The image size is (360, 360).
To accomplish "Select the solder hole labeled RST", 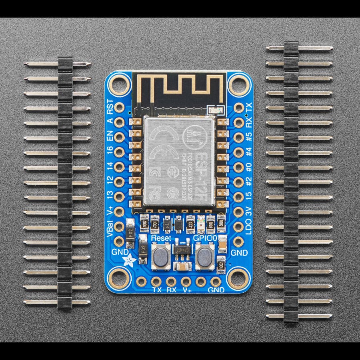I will [119, 107].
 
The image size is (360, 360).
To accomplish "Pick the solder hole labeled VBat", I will [119, 226].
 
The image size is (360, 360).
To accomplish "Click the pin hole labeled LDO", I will [239, 226].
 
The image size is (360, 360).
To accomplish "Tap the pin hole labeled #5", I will [239, 137].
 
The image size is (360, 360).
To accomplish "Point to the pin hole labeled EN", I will [119, 137].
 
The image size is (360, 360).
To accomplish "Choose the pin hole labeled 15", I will [239, 197].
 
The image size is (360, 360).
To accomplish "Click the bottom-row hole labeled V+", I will [186, 281].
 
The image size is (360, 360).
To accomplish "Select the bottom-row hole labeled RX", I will [171, 281].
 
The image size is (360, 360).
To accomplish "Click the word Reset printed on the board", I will [161, 238].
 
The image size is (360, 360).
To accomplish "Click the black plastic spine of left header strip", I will [65, 182].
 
